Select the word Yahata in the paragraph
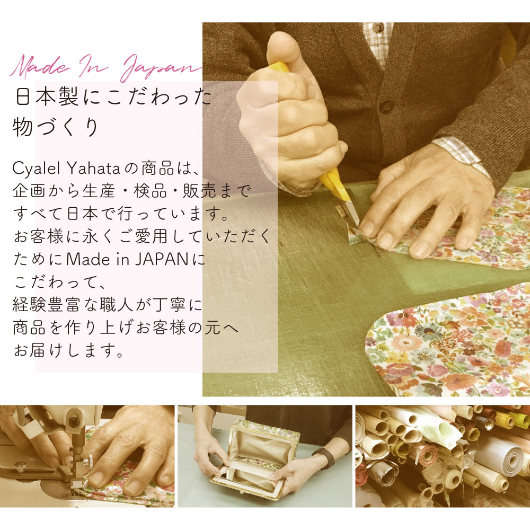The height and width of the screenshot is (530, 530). coord(94,168)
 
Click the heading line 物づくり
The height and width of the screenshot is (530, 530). coord(56,127)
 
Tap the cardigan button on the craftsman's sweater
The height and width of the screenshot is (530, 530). coord(386,105)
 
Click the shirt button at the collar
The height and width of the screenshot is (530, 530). coord(378,28)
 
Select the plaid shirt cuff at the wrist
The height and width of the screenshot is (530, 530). coord(462,154)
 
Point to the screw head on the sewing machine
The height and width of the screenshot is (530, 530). coord(73,421)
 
